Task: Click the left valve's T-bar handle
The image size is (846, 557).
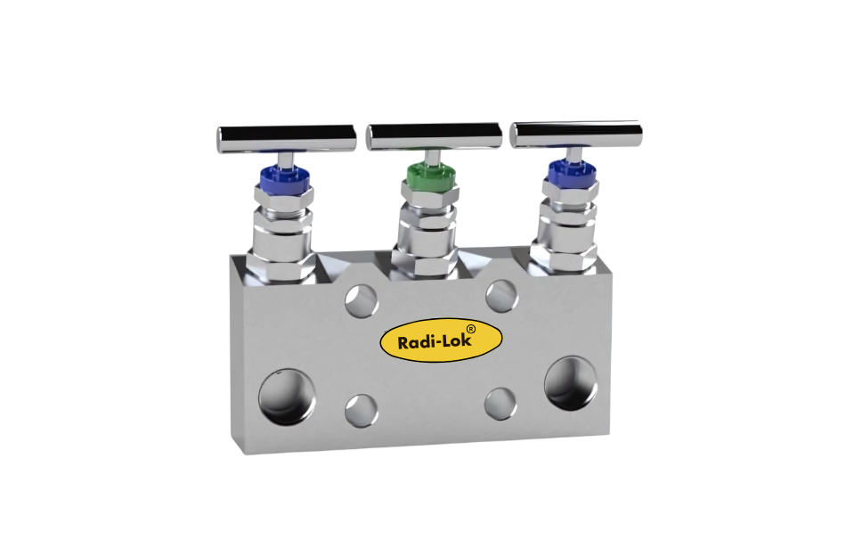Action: (x=285, y=138)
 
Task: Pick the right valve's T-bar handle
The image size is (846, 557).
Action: (x=575, y=135)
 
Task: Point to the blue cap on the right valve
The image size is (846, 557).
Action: (x=570, y=171)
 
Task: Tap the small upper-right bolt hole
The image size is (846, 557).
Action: (x=501, y=294)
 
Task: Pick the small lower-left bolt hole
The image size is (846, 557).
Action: (x=362, y=410)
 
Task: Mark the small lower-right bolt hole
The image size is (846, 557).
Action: (x=500, y=403)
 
